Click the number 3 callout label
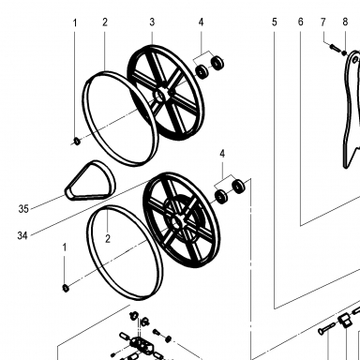point(152,22)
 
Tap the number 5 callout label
point(275,22)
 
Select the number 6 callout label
point(300,22)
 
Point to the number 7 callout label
point(323,22)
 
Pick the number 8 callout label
point(345,22)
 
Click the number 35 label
point(23,208)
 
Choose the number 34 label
point(22,235)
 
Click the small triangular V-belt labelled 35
point(90,180)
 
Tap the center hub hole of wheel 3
point(161,95)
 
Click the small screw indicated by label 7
point(334,48)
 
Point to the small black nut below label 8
point(344,52)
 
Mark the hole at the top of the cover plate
point(355,59)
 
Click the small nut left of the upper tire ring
point(76,142)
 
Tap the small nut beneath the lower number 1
point(66,288)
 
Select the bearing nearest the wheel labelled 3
point(202,71)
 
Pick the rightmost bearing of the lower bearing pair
point(238,187)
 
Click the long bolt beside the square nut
point(326,328)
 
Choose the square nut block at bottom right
point(345,321)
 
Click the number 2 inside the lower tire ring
point(108,239)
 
